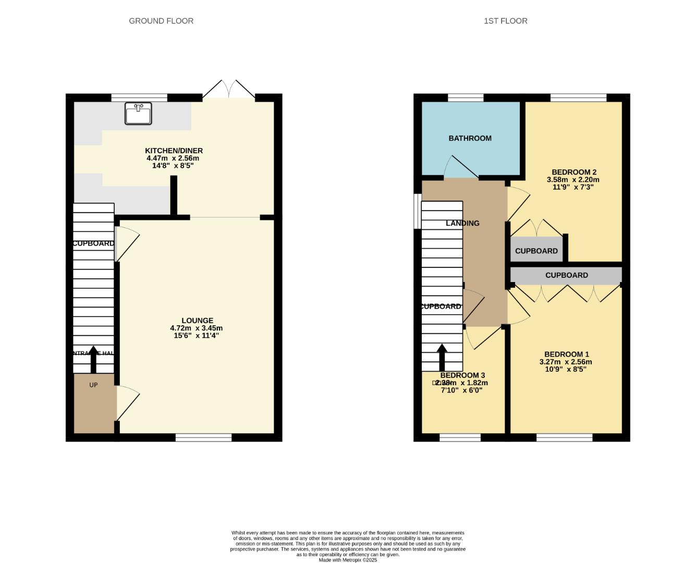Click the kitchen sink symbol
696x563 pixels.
click(138, 113)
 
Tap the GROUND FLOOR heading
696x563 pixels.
click(161, 21)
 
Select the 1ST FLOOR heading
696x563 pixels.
click(505, 21)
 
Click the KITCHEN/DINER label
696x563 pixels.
click(174, 151)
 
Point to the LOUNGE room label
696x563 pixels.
click(197, 321)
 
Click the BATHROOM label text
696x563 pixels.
click(470, 138)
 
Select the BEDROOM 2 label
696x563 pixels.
click(573, 172)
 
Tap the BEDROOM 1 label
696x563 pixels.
click(566, 354)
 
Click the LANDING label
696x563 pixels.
click(462, 223)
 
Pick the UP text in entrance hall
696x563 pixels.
click(93, 385)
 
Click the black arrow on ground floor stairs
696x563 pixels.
click(94, 359)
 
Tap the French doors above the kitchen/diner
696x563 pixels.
click(229, 90)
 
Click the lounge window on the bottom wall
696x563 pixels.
click(203, 437)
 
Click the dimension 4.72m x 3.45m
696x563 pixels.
click(196, 328)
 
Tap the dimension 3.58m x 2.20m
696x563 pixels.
click(573, 180)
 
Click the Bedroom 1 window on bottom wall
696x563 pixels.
click(564, 437)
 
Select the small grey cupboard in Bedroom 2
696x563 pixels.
click(536, 249)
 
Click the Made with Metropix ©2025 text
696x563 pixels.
click(348, 560)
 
